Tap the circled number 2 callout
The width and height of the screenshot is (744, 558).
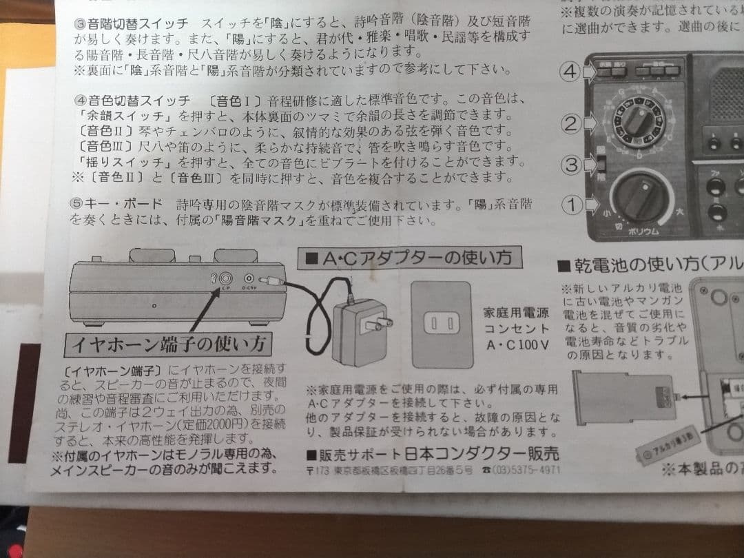tap(569, 124)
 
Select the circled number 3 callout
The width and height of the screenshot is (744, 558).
tap(569, 165)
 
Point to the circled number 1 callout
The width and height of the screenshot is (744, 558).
tap(569, 204)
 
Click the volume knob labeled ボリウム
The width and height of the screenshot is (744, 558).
tap(640, 198)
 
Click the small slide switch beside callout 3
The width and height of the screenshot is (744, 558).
tap(600, 163)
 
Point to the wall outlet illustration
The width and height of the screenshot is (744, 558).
tap(440, 324)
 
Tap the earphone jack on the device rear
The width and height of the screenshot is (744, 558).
tap(225, 278)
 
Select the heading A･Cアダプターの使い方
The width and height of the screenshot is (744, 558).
tap(409, 258)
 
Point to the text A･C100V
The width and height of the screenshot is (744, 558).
tap(517, 344)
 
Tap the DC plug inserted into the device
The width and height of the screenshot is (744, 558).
tap(274, 281)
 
